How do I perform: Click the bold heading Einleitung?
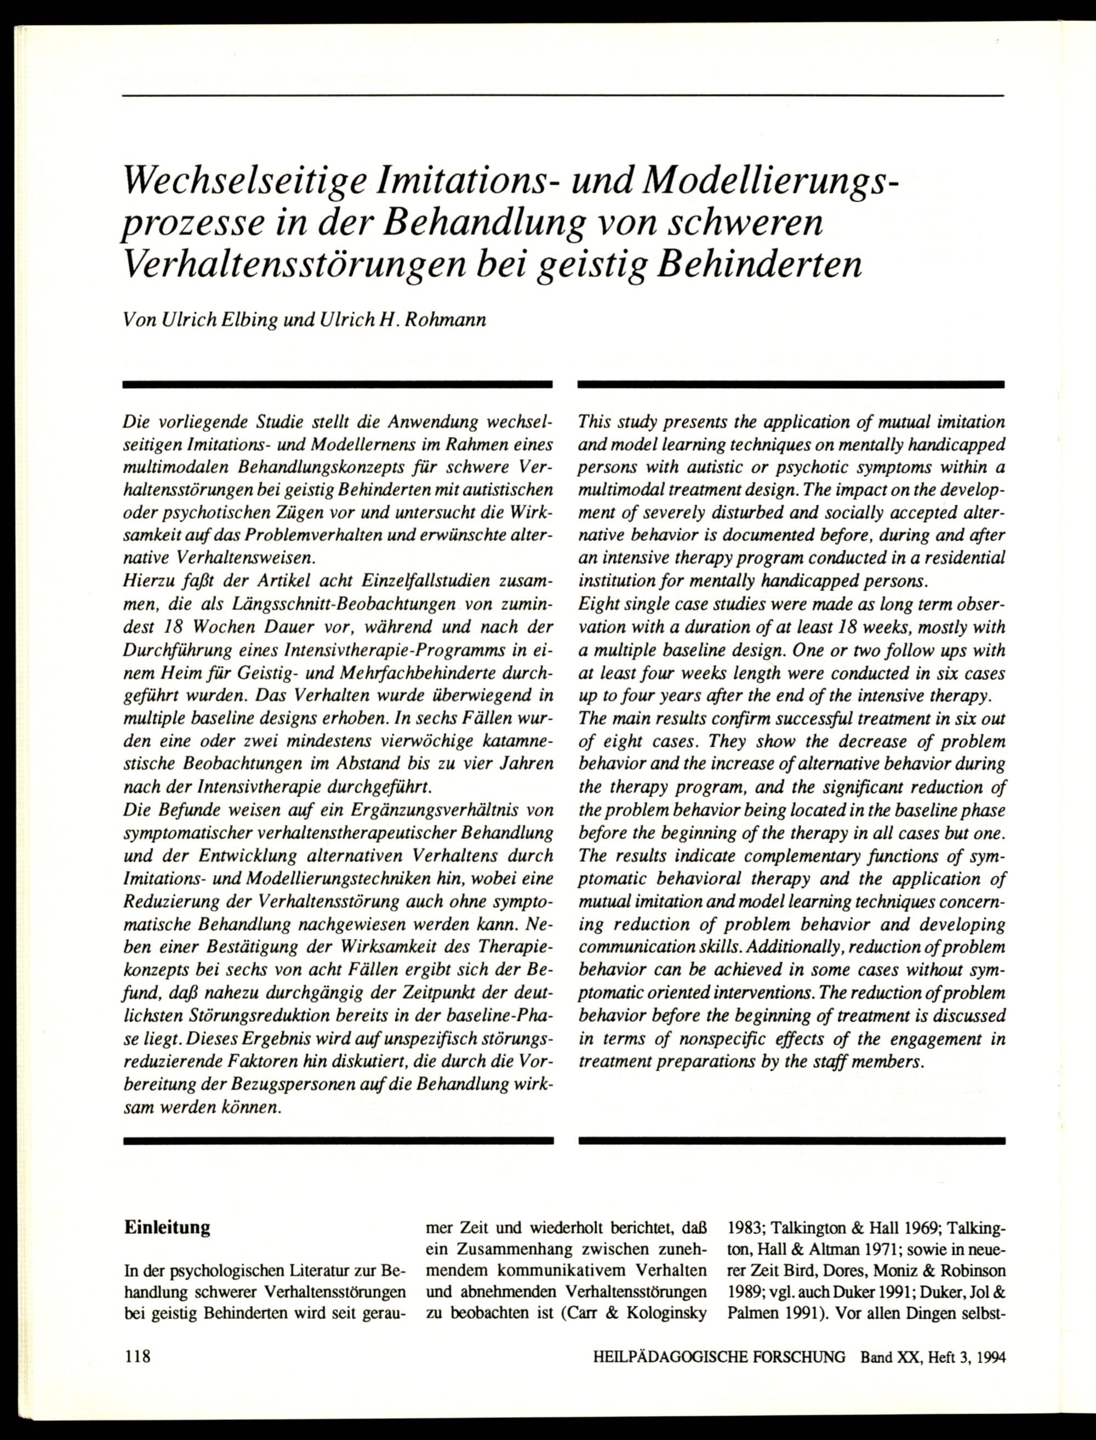[x=167, y=1228]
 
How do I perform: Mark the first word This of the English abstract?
[x=595, y=422]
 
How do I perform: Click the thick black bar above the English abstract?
[x=791, y=385]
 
